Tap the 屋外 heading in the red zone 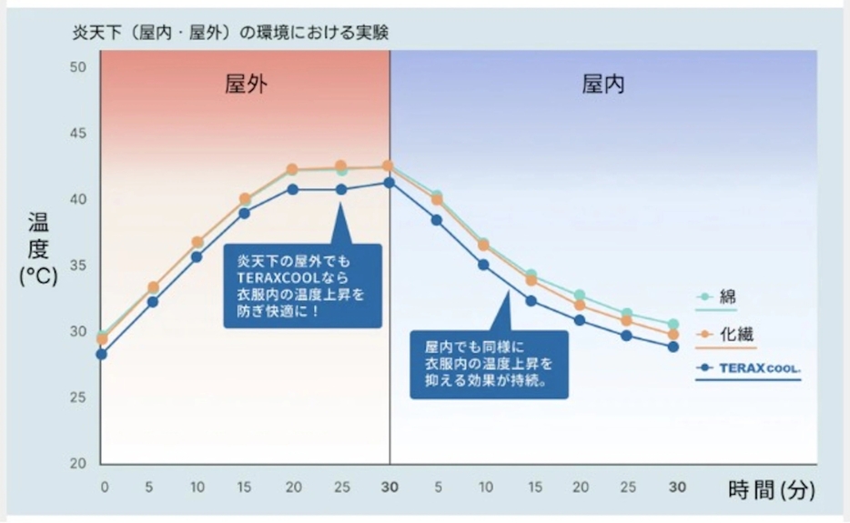pyautogui.click(x=247, y=85)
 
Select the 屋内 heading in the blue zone pyautogui.click(x=603, y=85)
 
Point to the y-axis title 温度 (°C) pyautogui.click(x=38, y=249)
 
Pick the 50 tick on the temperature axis pyautogui.click(x=78, y=67)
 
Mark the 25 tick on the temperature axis pyautogui.click(x=78, y=397)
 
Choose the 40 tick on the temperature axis pyautogui.click(x=78, y=199)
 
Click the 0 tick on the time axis pyautogui.click(x=104, y=487)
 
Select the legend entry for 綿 pyautogui.click(x=719, y=297)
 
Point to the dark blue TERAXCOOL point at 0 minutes pyautogui.click(x=102, y=354)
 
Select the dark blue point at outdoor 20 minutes pyautogui.click(x=293, y=189)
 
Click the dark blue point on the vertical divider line pyautogui.click(x=389, y=183)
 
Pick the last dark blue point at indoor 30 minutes pyautogui.click(x=673, y=347)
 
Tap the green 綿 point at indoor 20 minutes pyautogui.click(x=579, y=296)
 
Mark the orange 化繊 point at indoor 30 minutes pyautogui.click(x=673, y=335)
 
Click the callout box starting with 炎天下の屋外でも pyautogui.click(x=302, y=285)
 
